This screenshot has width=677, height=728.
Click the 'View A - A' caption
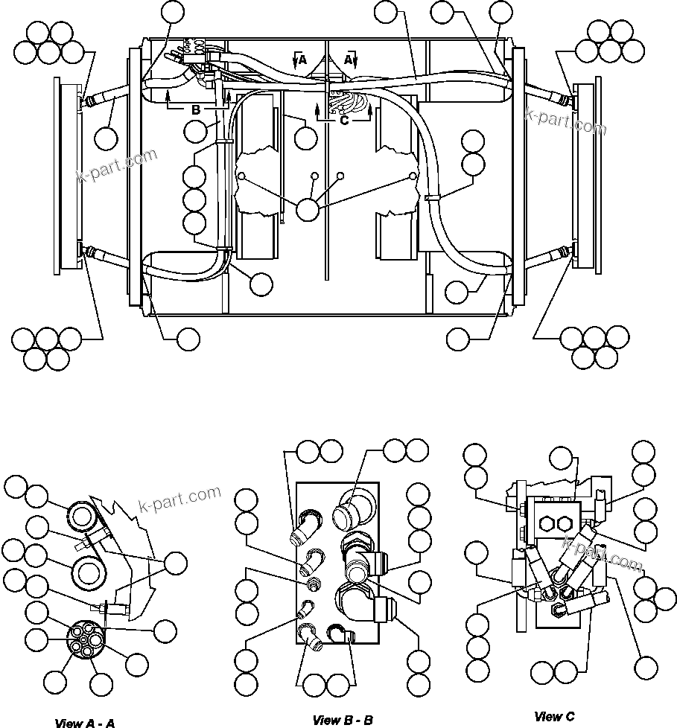pos(85,722)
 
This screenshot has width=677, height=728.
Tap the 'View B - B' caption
pos(343,720)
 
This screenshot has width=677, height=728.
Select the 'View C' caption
pos(554,717)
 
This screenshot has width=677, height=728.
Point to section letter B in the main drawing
pos(196,110)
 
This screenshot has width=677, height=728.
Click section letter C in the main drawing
pos(344,118)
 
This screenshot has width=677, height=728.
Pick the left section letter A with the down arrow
pos(302,61)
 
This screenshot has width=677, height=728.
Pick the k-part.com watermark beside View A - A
pos(180,501)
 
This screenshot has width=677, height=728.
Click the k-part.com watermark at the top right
pos(566,121)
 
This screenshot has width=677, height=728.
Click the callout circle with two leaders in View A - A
pos(176,563)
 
